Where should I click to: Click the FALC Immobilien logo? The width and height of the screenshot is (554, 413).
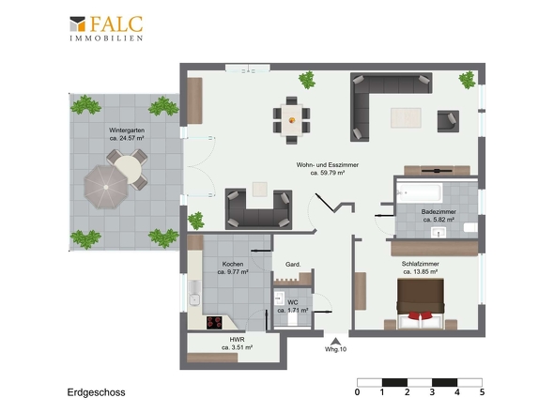click(106, 28)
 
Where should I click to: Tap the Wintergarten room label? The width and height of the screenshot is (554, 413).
click(127, 134)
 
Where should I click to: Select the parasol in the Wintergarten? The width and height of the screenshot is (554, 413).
click(106, 187)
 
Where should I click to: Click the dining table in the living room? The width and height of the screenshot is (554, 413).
click(292, 120)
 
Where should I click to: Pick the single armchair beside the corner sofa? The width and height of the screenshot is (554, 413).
click(448, 121)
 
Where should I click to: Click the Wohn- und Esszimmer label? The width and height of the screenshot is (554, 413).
click(328, 169)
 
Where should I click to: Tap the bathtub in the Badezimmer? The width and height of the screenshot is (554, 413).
click(420, 193)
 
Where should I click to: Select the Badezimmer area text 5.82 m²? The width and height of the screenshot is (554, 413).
click(439, 220)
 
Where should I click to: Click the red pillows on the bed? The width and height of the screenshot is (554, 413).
click(420, 314)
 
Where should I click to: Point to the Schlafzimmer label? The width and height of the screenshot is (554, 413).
click(421, 268)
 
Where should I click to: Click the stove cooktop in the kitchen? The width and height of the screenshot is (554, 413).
click(214, 323)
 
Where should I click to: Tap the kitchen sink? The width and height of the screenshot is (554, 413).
click(194, 293)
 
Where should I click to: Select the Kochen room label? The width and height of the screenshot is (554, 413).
click(233, 268)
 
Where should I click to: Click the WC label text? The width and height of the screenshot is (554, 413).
click(293, 302)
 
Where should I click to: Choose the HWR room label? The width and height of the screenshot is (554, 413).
click(237, 344)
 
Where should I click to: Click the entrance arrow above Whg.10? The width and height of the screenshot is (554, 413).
click(335, 342)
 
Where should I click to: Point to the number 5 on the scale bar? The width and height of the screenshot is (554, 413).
click(482, 392)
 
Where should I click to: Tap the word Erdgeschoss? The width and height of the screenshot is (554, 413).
click(96, 392)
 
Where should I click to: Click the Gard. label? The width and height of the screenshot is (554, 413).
click(293, 265)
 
